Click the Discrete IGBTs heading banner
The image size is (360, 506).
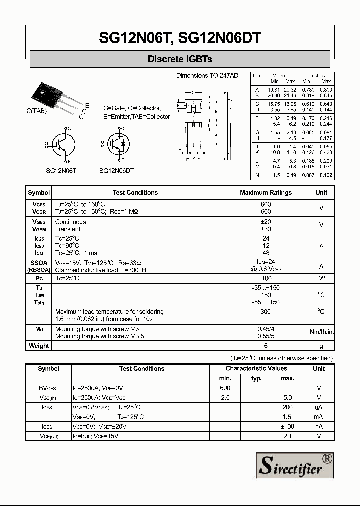point(180,59)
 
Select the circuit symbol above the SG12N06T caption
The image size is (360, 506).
point(62,145)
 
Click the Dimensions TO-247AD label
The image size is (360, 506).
point(207,75)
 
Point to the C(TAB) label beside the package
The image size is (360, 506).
point(37,111)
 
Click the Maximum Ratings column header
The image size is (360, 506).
point(266,193)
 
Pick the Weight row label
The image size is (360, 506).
point(39,346)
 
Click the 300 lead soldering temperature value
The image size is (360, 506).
point(266,312)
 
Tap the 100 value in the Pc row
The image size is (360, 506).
point(266,278)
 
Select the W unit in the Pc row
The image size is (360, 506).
point(321,278)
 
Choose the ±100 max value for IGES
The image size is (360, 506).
point(287,426)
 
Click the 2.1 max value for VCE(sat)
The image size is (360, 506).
point(287,436)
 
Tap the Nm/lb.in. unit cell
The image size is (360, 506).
point(321,332)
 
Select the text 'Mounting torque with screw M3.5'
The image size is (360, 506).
point(99,337)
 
